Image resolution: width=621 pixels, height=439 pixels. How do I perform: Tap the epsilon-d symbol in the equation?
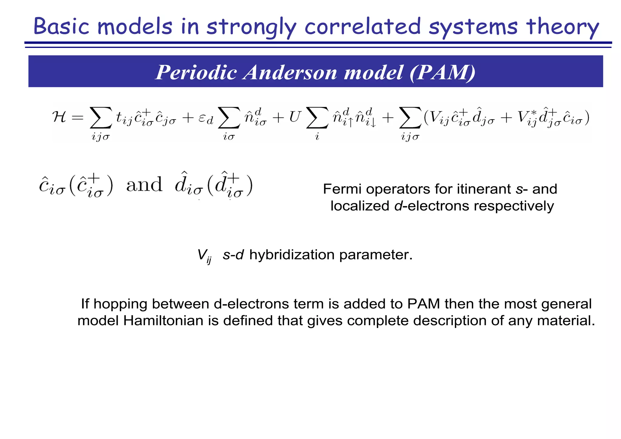[x=206, y=119]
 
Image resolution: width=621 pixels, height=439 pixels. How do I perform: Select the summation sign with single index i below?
[x=317, y=118]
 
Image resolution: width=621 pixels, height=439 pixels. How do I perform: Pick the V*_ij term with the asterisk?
[x=527, y=118]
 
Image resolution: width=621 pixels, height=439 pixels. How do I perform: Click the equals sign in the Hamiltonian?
[x=77, y=117]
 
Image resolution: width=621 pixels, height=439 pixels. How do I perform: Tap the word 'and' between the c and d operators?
[x=144, y=184]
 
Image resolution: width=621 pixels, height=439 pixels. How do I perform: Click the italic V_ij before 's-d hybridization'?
[x=204, y=255]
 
